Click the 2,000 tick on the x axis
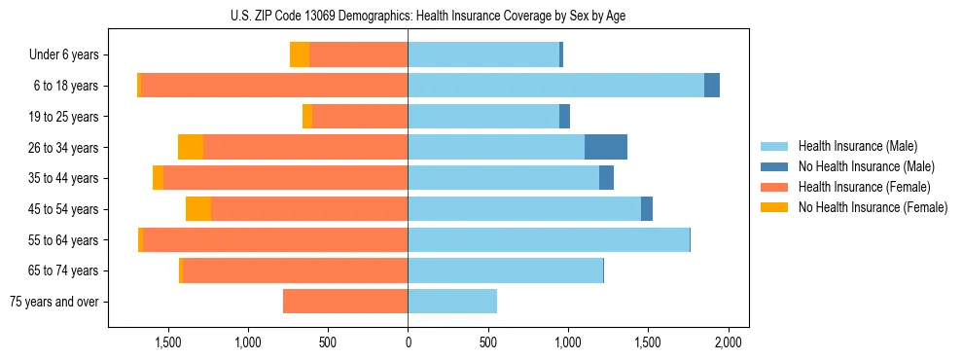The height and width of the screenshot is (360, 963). coord(729,342)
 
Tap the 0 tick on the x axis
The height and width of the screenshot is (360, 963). coord(408,342)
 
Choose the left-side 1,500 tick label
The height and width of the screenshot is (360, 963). coord(168,342)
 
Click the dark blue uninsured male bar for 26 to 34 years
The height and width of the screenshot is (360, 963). coord(606,147)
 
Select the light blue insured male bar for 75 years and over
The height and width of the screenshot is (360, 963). coord(452,302)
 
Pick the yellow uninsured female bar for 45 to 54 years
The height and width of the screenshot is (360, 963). coord(198,209)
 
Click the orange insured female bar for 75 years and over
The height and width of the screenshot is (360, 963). coord(345,302)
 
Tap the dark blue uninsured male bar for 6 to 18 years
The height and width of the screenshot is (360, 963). coord(712,86)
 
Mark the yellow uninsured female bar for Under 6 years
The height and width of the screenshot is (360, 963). coord(300,55)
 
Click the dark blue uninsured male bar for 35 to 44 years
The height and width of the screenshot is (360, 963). coord(606,178)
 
